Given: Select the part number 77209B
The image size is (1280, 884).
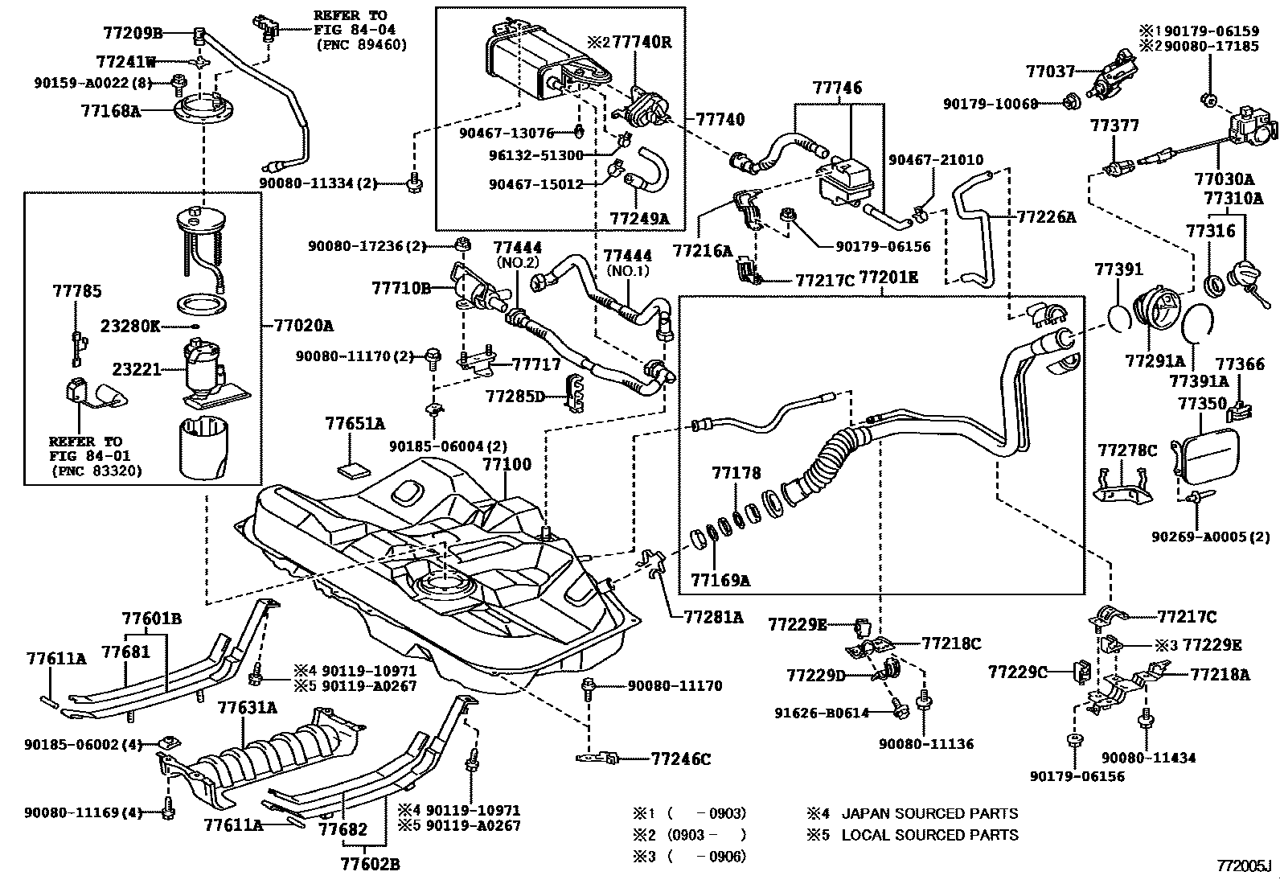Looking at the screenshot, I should [133, 33].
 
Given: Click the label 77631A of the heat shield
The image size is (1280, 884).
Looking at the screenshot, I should [247, 708].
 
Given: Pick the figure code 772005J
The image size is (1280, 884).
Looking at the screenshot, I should [1245, 865].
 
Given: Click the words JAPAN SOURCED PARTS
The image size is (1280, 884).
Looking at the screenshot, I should [929, 814].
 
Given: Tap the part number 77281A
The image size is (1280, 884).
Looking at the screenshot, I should [714, 617].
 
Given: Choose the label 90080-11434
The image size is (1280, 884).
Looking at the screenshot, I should [1148, 758].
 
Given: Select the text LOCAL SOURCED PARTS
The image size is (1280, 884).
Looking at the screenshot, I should [929, 835].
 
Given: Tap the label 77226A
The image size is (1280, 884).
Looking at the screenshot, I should [1045, 216].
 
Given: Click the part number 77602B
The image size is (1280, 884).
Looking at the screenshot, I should [370, 865].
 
